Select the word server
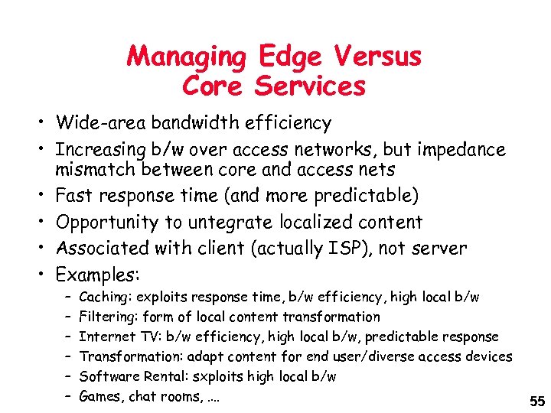pos(442,248)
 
